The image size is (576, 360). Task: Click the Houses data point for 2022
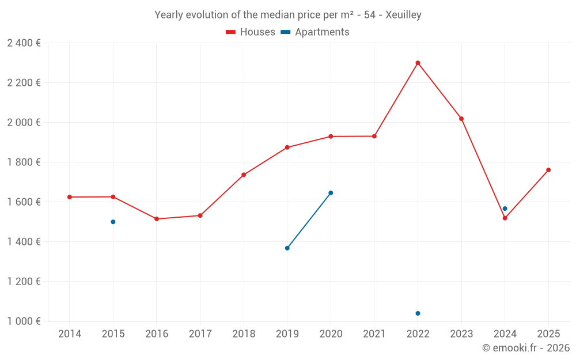418,63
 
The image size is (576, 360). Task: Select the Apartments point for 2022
418,313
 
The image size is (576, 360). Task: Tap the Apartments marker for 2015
113,222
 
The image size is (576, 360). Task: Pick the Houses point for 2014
70,197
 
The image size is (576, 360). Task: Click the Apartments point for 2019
287,248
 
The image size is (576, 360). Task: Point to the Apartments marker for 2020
331,193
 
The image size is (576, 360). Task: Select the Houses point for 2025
548,170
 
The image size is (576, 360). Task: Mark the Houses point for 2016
157,219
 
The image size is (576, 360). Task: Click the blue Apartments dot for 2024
505,209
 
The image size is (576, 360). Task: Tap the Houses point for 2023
461,119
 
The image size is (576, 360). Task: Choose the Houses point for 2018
244,175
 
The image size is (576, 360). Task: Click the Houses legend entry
251,32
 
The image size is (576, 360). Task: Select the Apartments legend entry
315,32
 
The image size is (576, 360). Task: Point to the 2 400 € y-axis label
24,43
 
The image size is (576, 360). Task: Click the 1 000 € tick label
24,321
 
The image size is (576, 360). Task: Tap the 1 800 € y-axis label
24,162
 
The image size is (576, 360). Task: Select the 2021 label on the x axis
374,334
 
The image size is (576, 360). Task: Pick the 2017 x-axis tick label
200,334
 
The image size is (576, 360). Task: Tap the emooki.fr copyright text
526,348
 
